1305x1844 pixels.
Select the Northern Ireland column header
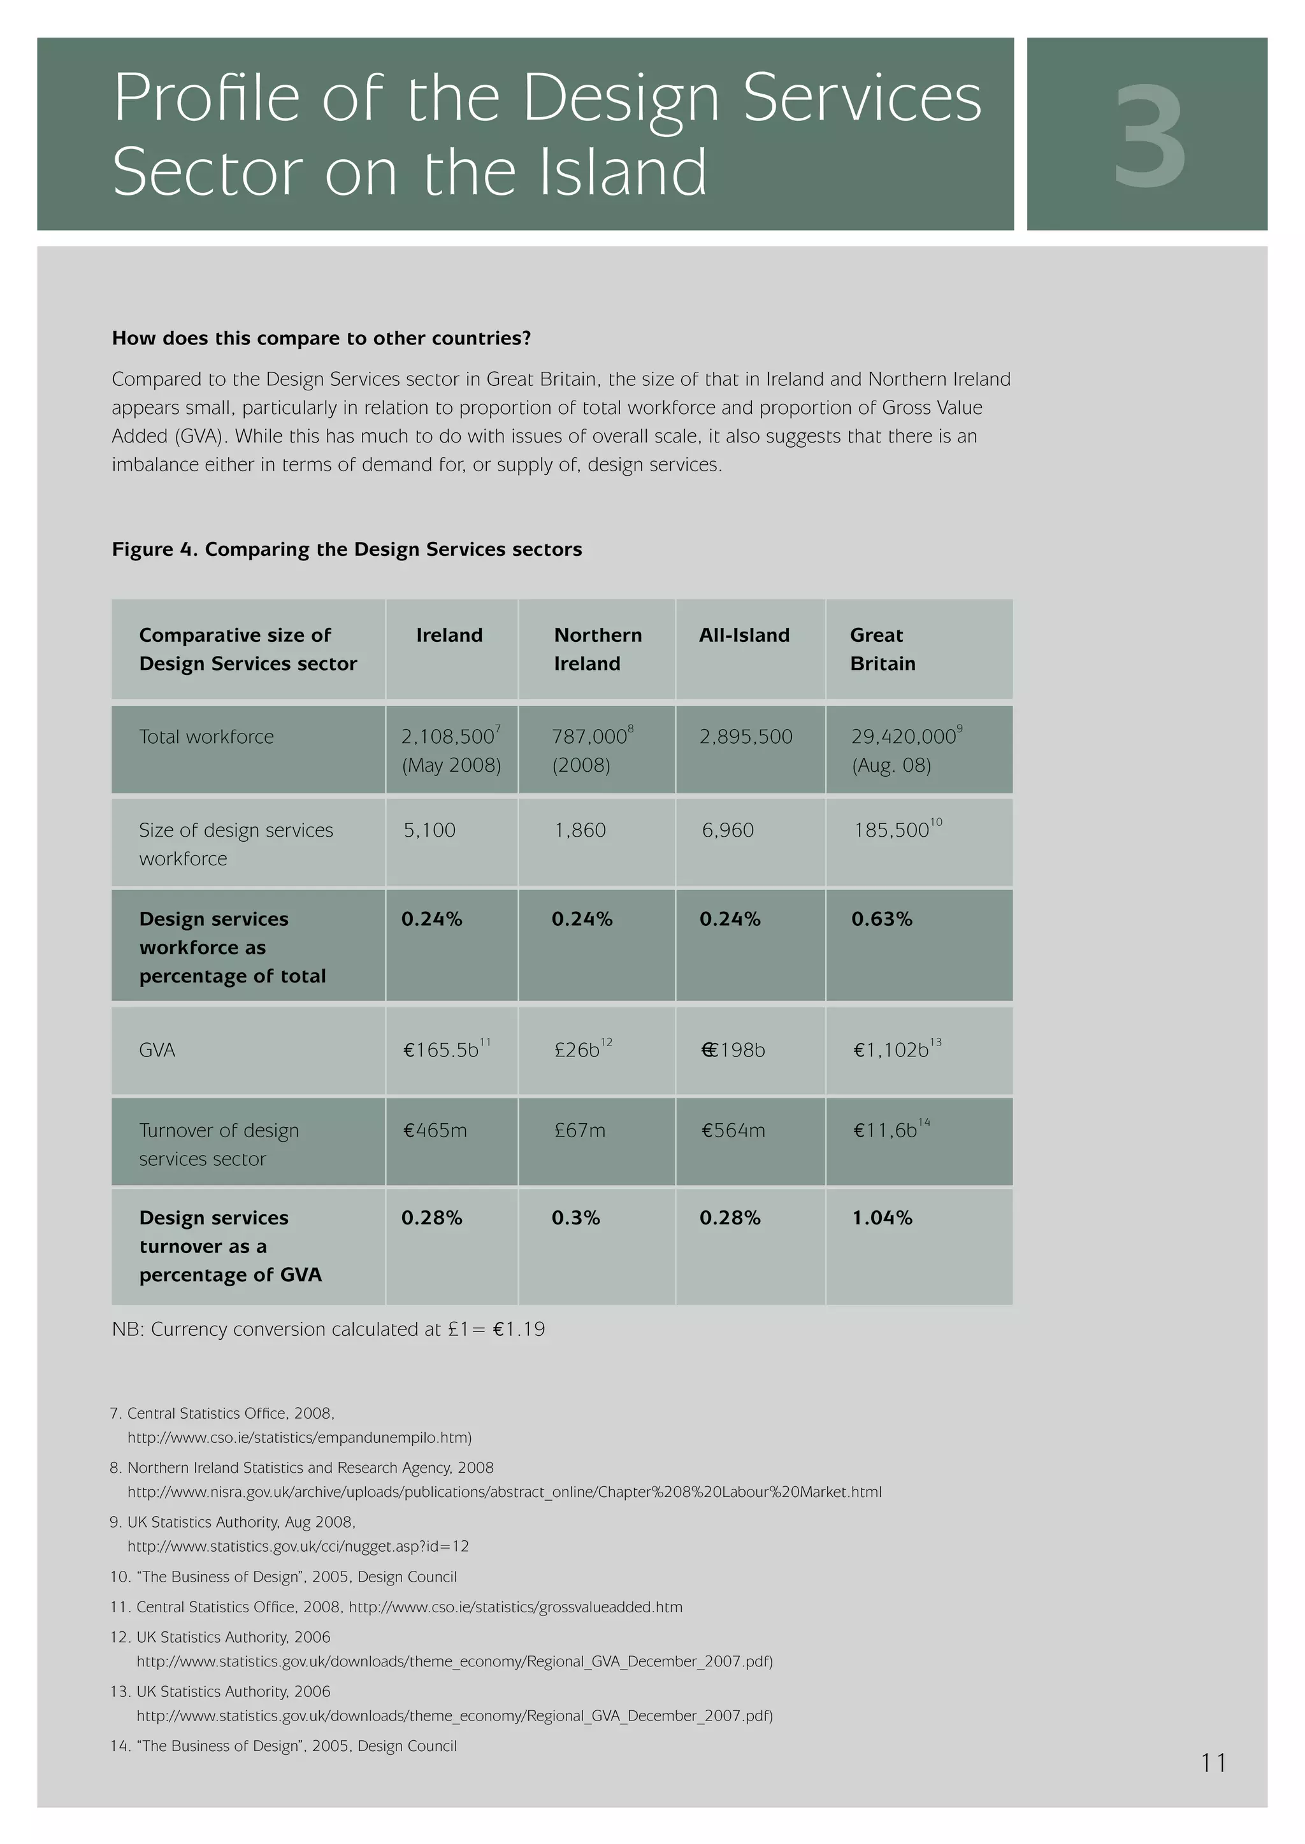point(597,649)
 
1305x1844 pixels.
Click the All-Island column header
point(744,635)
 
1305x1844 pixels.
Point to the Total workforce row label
point(206,737)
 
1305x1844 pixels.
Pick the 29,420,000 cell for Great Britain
point(903,737)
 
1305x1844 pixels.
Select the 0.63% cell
point(881,919)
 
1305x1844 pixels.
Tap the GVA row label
point(157,1050)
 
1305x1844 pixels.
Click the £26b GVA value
point(577,1050)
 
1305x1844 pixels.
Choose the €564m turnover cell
point(733,1131)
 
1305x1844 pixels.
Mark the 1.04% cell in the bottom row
point(881,1217)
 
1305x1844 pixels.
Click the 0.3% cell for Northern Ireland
point(575,1217)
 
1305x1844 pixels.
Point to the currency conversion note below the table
point(328,1329)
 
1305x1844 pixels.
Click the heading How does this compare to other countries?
point(321,338)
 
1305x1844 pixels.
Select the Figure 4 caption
point(347,550)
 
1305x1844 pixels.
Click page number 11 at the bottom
point(1213,1763)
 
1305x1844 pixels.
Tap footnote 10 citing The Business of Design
point(284,1577)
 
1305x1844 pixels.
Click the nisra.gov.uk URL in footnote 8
point(504,1493)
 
